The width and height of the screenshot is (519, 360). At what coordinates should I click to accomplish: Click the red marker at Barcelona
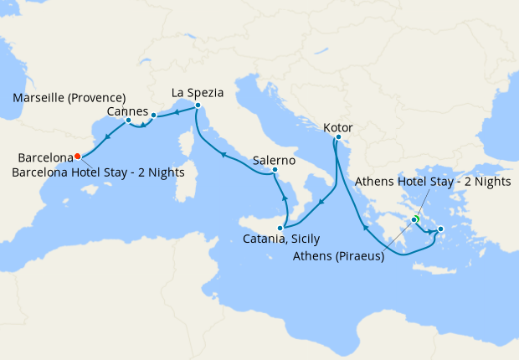pyautogui.click(x=77, y=156)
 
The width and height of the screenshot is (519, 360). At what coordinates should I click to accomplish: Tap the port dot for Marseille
pyautogui.click(x=128, y=120)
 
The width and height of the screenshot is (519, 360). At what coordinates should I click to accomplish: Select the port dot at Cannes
pyautogui.click(x=154, y=115)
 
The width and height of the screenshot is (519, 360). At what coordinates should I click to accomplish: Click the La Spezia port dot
pyautogui.click(x=197, y=105)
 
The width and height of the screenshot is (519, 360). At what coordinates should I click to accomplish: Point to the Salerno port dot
pyautogui.click(x=274, y=171)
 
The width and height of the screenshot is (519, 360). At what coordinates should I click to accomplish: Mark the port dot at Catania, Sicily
pyautogui.click(x=283, y=227)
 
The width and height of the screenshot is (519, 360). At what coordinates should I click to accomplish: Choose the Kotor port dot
pyautogui.click(x=338, y=137)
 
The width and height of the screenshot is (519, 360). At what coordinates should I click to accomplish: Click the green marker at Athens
pyautogui.click(x=414, y=219)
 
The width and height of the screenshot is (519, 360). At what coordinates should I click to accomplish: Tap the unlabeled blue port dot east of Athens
pyautogui.click(x=441, y=228)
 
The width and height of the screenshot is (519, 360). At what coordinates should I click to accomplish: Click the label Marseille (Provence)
pyautogui.click(x=69, y=98)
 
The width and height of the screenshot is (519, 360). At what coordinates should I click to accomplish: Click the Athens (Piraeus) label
pyautogui.click(x=339, y=256)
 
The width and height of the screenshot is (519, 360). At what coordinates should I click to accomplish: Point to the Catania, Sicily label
pyautogui.click(x=281, y=239)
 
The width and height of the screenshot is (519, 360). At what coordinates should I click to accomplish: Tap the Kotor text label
pyautogui.click(x=339, y=127)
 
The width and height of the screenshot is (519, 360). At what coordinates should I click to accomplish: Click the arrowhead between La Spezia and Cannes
pyautogui.click(x=177, y=111)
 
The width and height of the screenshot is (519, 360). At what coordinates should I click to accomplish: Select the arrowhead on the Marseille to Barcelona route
pyautogui.click(x=108, y=137)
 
